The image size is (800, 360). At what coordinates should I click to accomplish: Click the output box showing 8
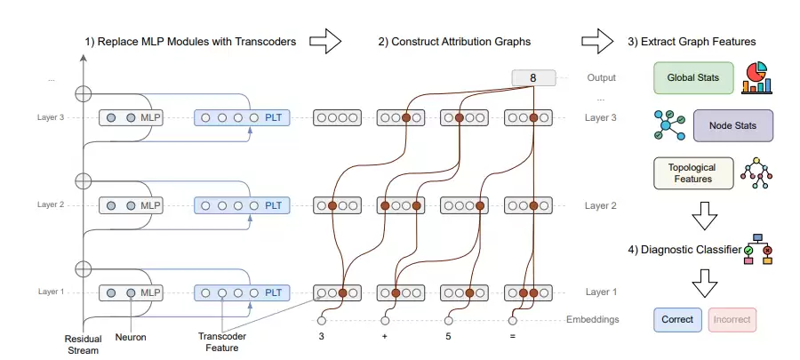(x=533, y=78)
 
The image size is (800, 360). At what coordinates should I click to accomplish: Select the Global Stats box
(x=693, y=78)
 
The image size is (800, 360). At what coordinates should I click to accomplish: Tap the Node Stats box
(x=732, y=125)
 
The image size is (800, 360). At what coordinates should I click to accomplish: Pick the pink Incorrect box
(x=732, y=319)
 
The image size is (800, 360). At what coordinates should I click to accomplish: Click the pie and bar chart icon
(x=757, y=77)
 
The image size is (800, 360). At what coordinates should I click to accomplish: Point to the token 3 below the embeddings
(x=322, y=338)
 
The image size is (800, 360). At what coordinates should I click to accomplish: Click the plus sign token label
(x=385, y=338)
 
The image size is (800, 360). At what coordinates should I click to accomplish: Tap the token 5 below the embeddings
(x=449, y=338)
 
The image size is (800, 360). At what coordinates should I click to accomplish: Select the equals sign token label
(x=513, y=338)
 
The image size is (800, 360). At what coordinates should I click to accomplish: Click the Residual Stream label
(x=84, y=344)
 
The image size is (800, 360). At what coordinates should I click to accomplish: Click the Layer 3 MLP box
(x=133, y=117)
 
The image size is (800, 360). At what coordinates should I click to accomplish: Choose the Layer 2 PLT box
(x=242, y=205)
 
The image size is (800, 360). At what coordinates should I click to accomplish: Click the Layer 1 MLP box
(x=133, y=292)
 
